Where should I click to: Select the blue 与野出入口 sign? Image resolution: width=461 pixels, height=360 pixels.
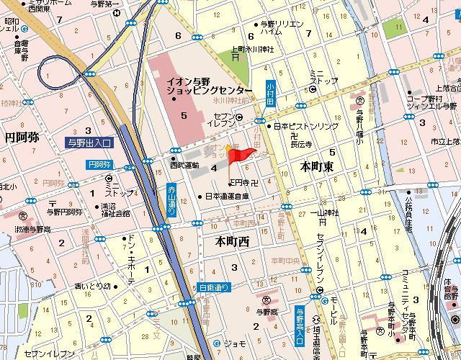point(89,143)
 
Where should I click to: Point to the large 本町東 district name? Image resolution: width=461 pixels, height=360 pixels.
point(316,166)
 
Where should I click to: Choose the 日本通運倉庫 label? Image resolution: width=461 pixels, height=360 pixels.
point(227,196)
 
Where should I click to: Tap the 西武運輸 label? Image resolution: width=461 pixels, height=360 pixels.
point(184,165)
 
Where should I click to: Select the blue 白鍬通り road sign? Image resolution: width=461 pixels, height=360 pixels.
point(214,287)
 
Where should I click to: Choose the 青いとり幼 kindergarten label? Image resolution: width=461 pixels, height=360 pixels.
point(92,286)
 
